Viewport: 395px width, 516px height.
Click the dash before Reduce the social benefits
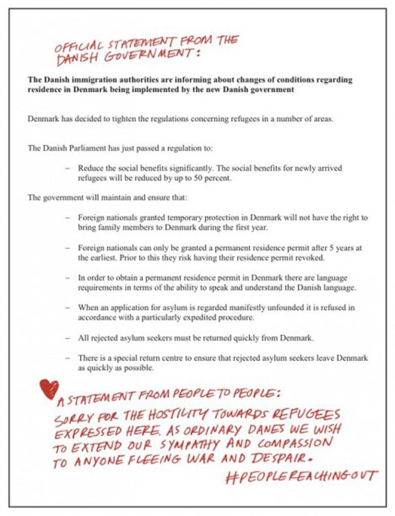pyautogui.click(x=67, y=168)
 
